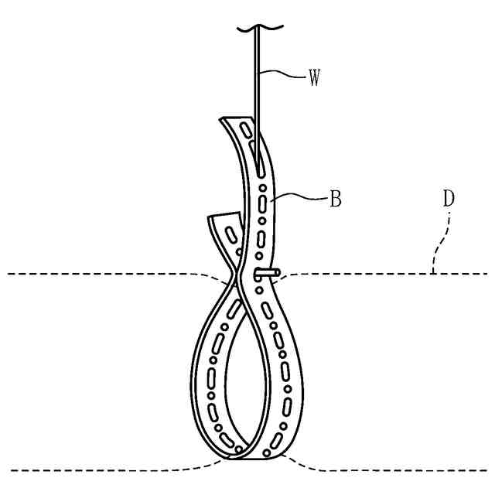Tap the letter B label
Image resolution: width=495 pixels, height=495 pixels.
[336, 199]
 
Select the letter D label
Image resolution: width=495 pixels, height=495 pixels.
[448, 198]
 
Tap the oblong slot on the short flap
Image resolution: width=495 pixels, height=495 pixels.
[230, 231]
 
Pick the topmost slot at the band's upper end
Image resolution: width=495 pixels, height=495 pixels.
[246, 130]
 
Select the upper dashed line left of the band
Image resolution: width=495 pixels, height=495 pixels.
[101, 274]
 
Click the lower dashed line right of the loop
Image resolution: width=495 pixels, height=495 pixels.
[387, 469]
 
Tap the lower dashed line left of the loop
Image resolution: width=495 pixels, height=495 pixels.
[101, 469]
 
